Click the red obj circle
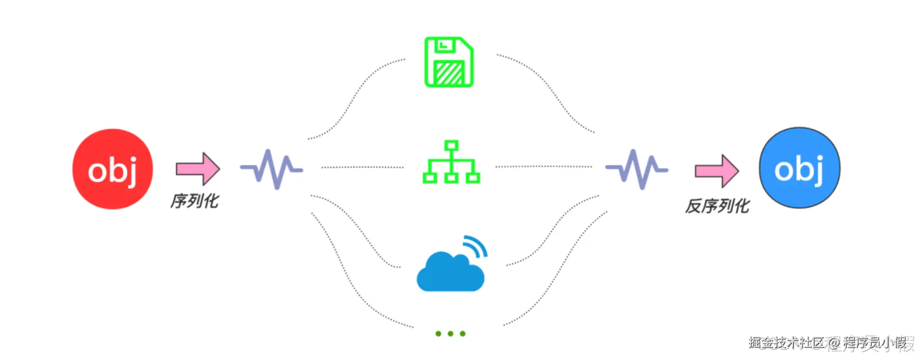pyautogui.click(x=113, y=169)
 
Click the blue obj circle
pyautogui.click(x=799, y=168)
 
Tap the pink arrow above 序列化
pyautogui.click(x=198, y=169)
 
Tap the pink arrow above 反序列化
pyautogui.click(x=717, y=171)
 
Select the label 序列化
pyautogui.click(x=194, y=201)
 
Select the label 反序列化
pyautogui.click(x=717, y=206)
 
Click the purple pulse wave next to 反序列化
pyautogui.click(x=636, y=169)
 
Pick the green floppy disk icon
pyautogui.click(x=449, y=62)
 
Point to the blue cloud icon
pyautogui.click(x=450, y=273)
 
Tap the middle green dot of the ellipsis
pyautogui.click(x=451, y=334)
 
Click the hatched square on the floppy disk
pyautogui.click(x=449, y=73)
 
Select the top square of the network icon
pyautogui.click(x=451, y=146)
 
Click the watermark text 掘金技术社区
pyautogui.click(x=787, y=343)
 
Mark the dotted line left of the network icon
pyautogui.click(x=362, y=167)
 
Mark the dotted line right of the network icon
pyautogui.click(x=543, y=167)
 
